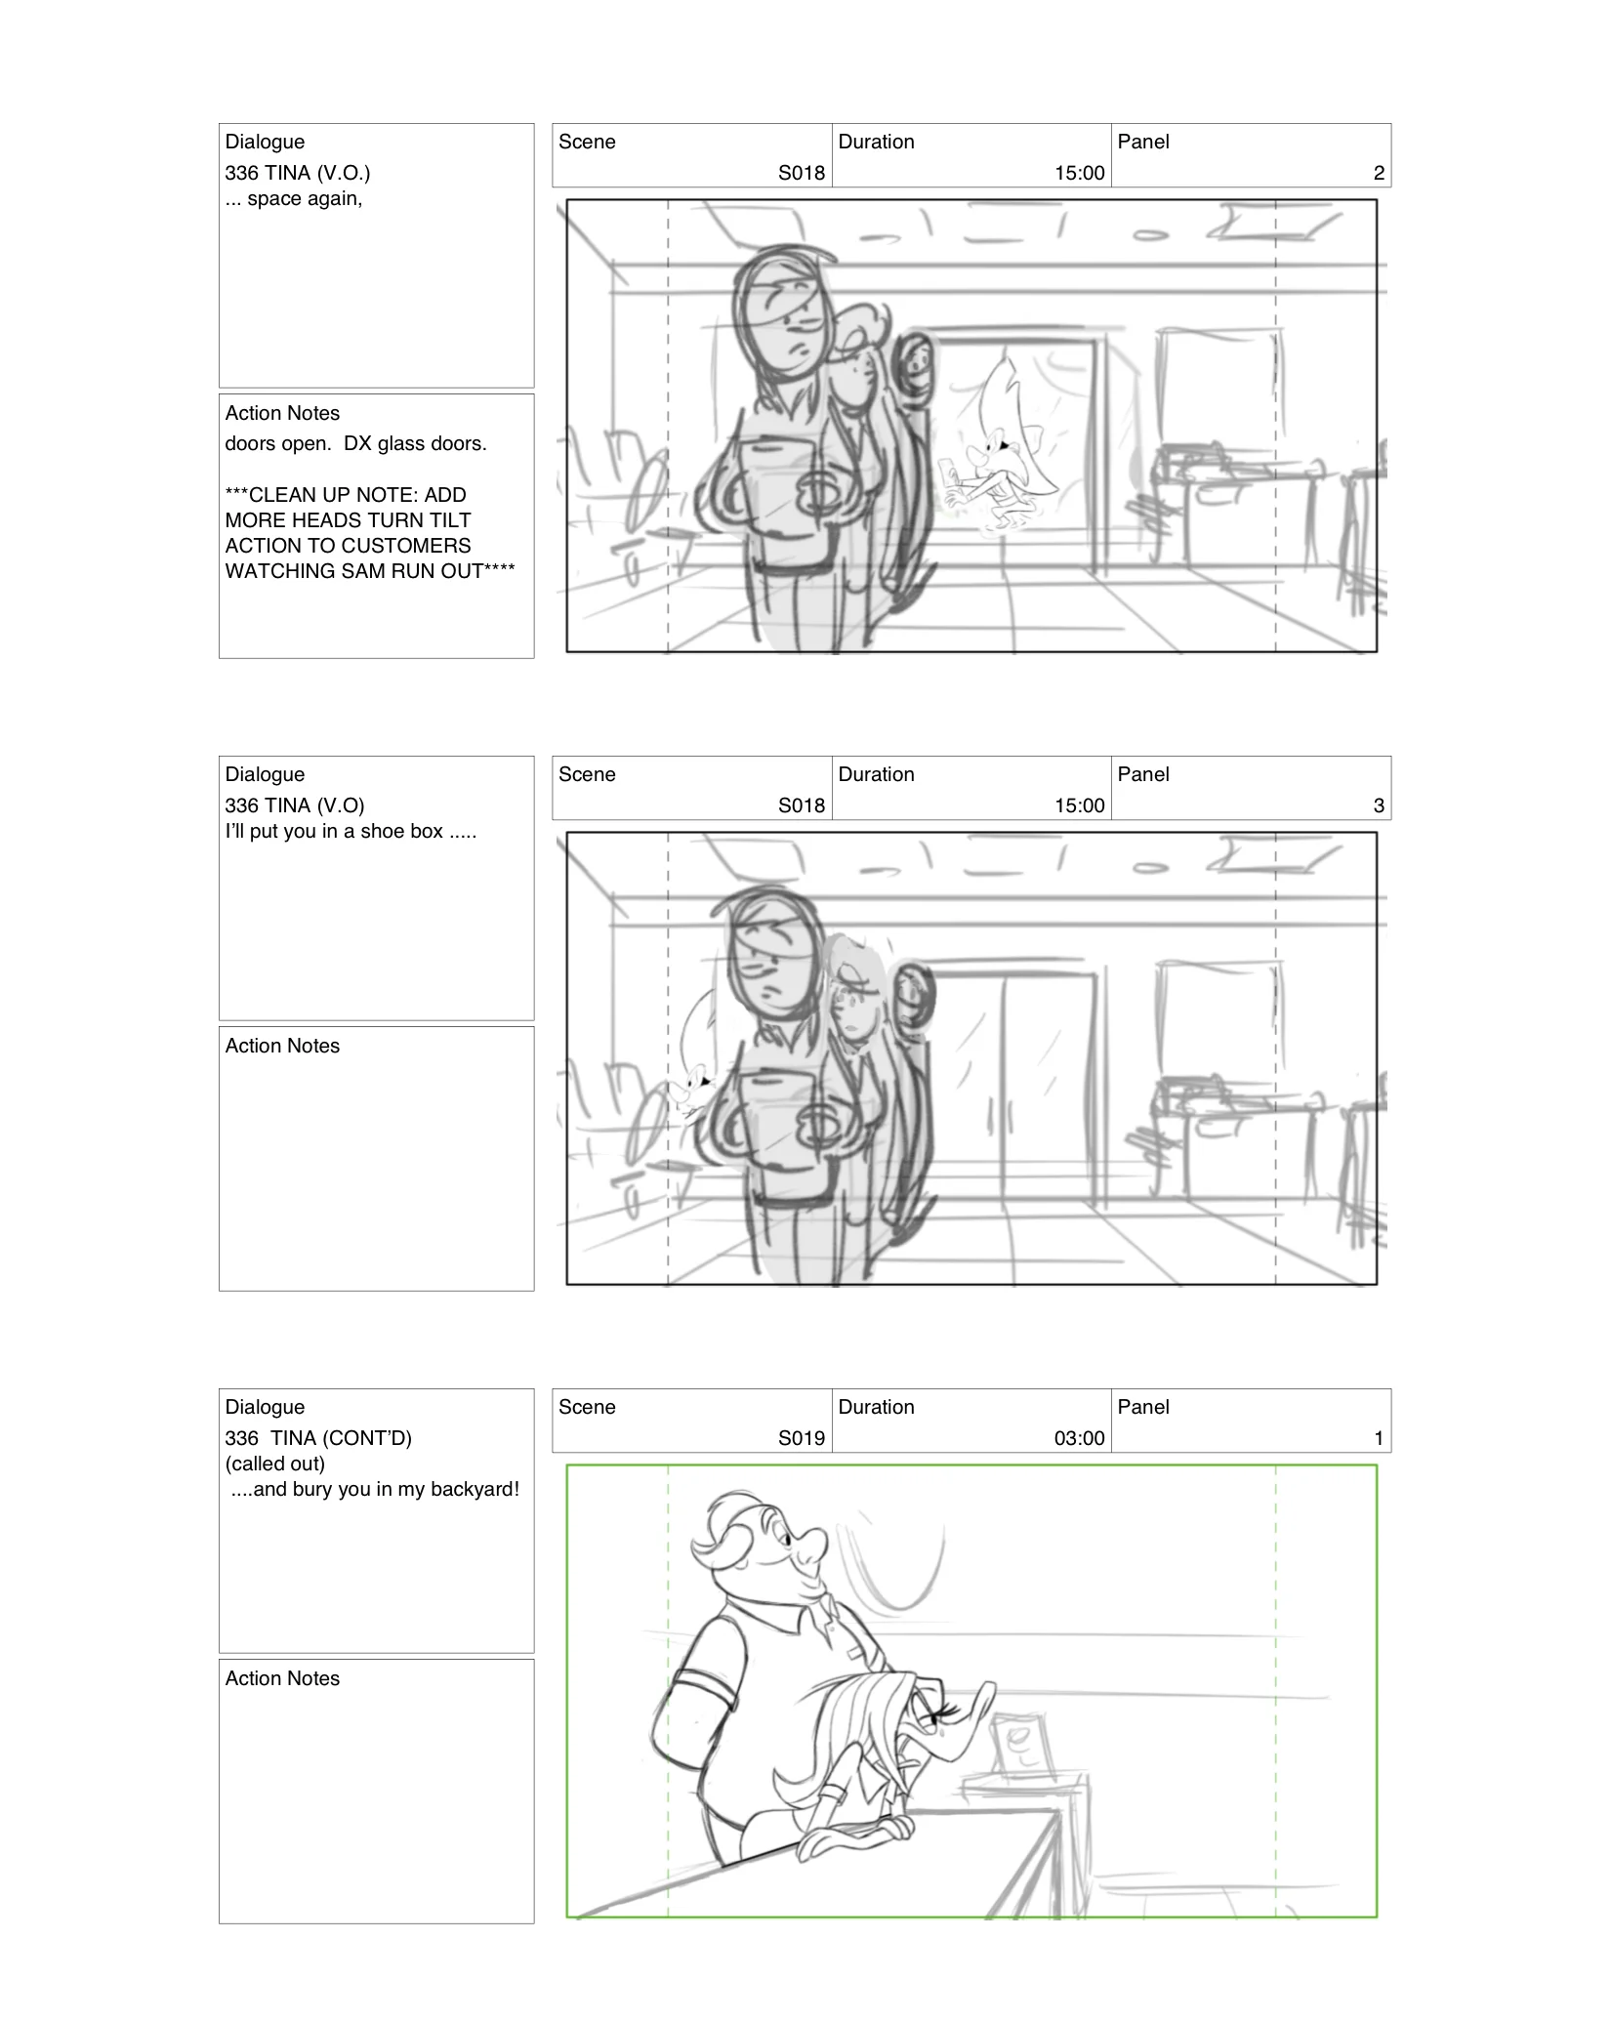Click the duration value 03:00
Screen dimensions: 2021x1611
point(1079,1438)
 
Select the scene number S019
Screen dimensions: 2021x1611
point(801,1438)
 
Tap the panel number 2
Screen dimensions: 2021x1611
point(1378,173)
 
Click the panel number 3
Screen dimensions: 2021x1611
point(1378,805)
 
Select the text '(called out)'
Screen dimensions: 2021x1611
point(275,1464)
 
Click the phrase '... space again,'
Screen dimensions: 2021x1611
point(293,199)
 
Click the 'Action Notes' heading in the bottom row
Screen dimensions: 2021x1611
point(282,1678)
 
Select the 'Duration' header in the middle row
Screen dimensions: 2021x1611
point(876,774)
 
